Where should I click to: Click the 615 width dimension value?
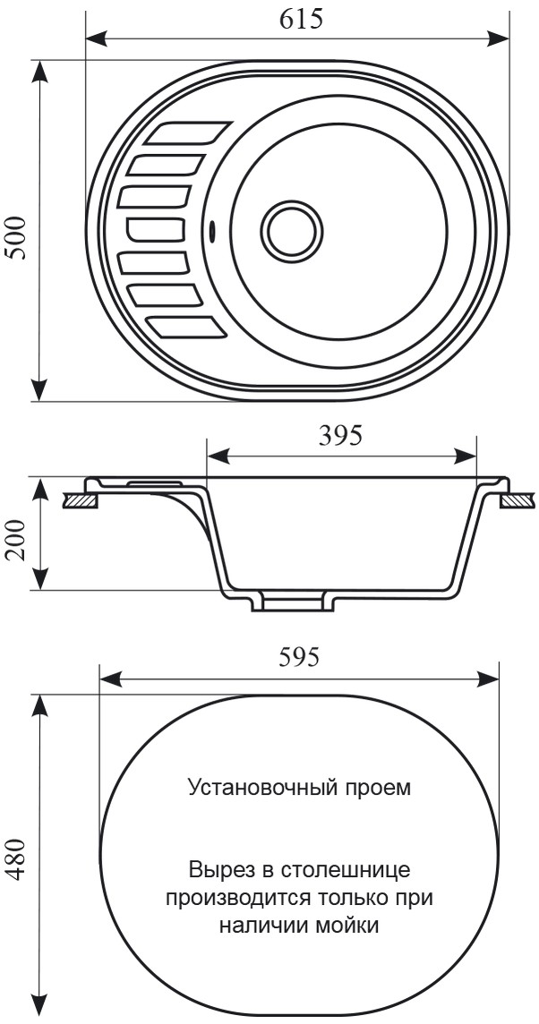(301, 20)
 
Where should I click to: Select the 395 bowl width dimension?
(339, 436)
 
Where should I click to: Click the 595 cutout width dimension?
(299, 658)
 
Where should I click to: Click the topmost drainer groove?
(188, 132)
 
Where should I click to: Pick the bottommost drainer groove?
(188, 328)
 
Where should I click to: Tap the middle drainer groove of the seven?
(156, 230)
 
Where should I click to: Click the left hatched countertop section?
(81, 501)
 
